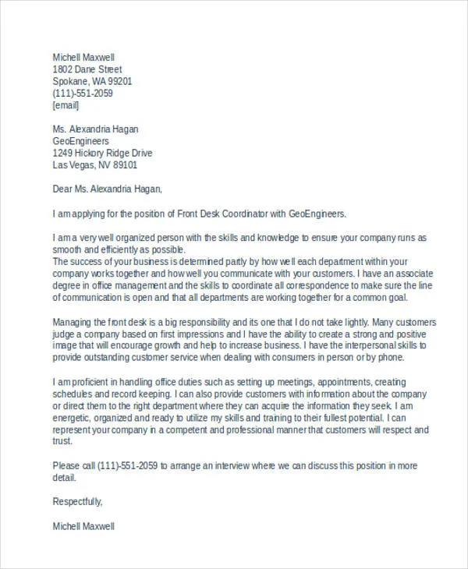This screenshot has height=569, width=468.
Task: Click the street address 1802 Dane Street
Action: tap(87, 69)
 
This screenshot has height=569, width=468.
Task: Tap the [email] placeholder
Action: tap(66, 104)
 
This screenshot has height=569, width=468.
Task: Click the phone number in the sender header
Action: tap(83, 93)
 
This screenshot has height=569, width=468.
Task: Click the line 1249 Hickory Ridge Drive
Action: tap(102, 153)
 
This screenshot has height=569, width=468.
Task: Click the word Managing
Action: tap(72, 322)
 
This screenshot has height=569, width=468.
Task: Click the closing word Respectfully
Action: tap(77, 501)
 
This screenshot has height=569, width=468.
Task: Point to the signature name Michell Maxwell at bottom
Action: tap(83, 526)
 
